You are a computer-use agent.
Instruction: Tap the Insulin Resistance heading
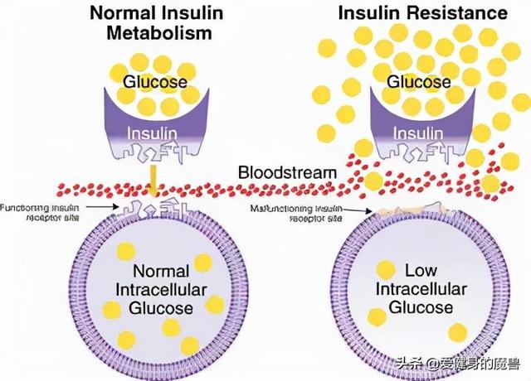(x=423, y=13)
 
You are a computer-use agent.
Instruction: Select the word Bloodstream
(x=287, y=172)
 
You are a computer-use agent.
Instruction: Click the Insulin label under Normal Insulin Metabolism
(x=153, y=132)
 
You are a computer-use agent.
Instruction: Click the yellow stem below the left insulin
(x=154, y=176)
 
